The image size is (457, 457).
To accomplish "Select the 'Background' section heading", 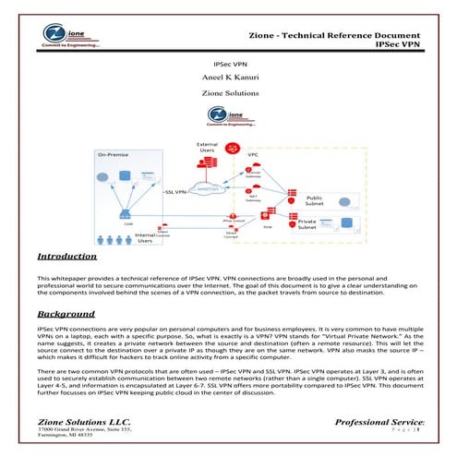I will pos(62,314).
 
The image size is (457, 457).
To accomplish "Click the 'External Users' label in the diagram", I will pos(207,146).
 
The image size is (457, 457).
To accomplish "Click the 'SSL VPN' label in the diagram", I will pos(177,191).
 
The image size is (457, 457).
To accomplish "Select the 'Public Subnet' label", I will pos(314,200).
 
